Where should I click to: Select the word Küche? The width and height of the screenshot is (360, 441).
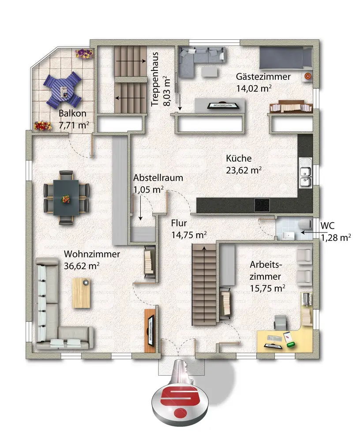click(239, 158)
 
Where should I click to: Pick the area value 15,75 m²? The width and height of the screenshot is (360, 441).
click(267, 288)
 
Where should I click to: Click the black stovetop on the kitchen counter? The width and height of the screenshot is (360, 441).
click(262, 205)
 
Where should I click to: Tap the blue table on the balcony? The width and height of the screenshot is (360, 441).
click(65, 90)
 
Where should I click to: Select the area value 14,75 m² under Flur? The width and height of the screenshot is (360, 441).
click(189, 235)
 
